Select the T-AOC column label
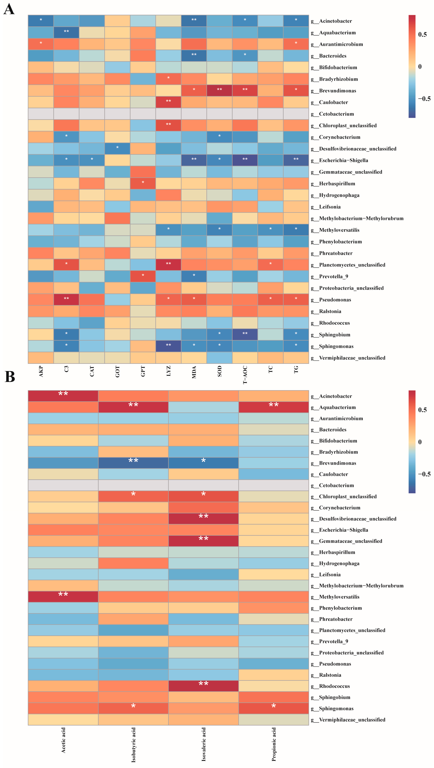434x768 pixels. (x=245, y=375)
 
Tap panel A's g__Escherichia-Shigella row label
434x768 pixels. (x=339, y=160)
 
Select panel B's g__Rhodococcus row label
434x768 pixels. (x=334, y=686)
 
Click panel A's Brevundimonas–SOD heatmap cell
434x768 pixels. (x=220, y=91)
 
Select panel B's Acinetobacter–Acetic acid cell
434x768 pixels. (x=63, y=396)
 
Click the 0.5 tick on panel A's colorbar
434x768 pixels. (x=422, y=35)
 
